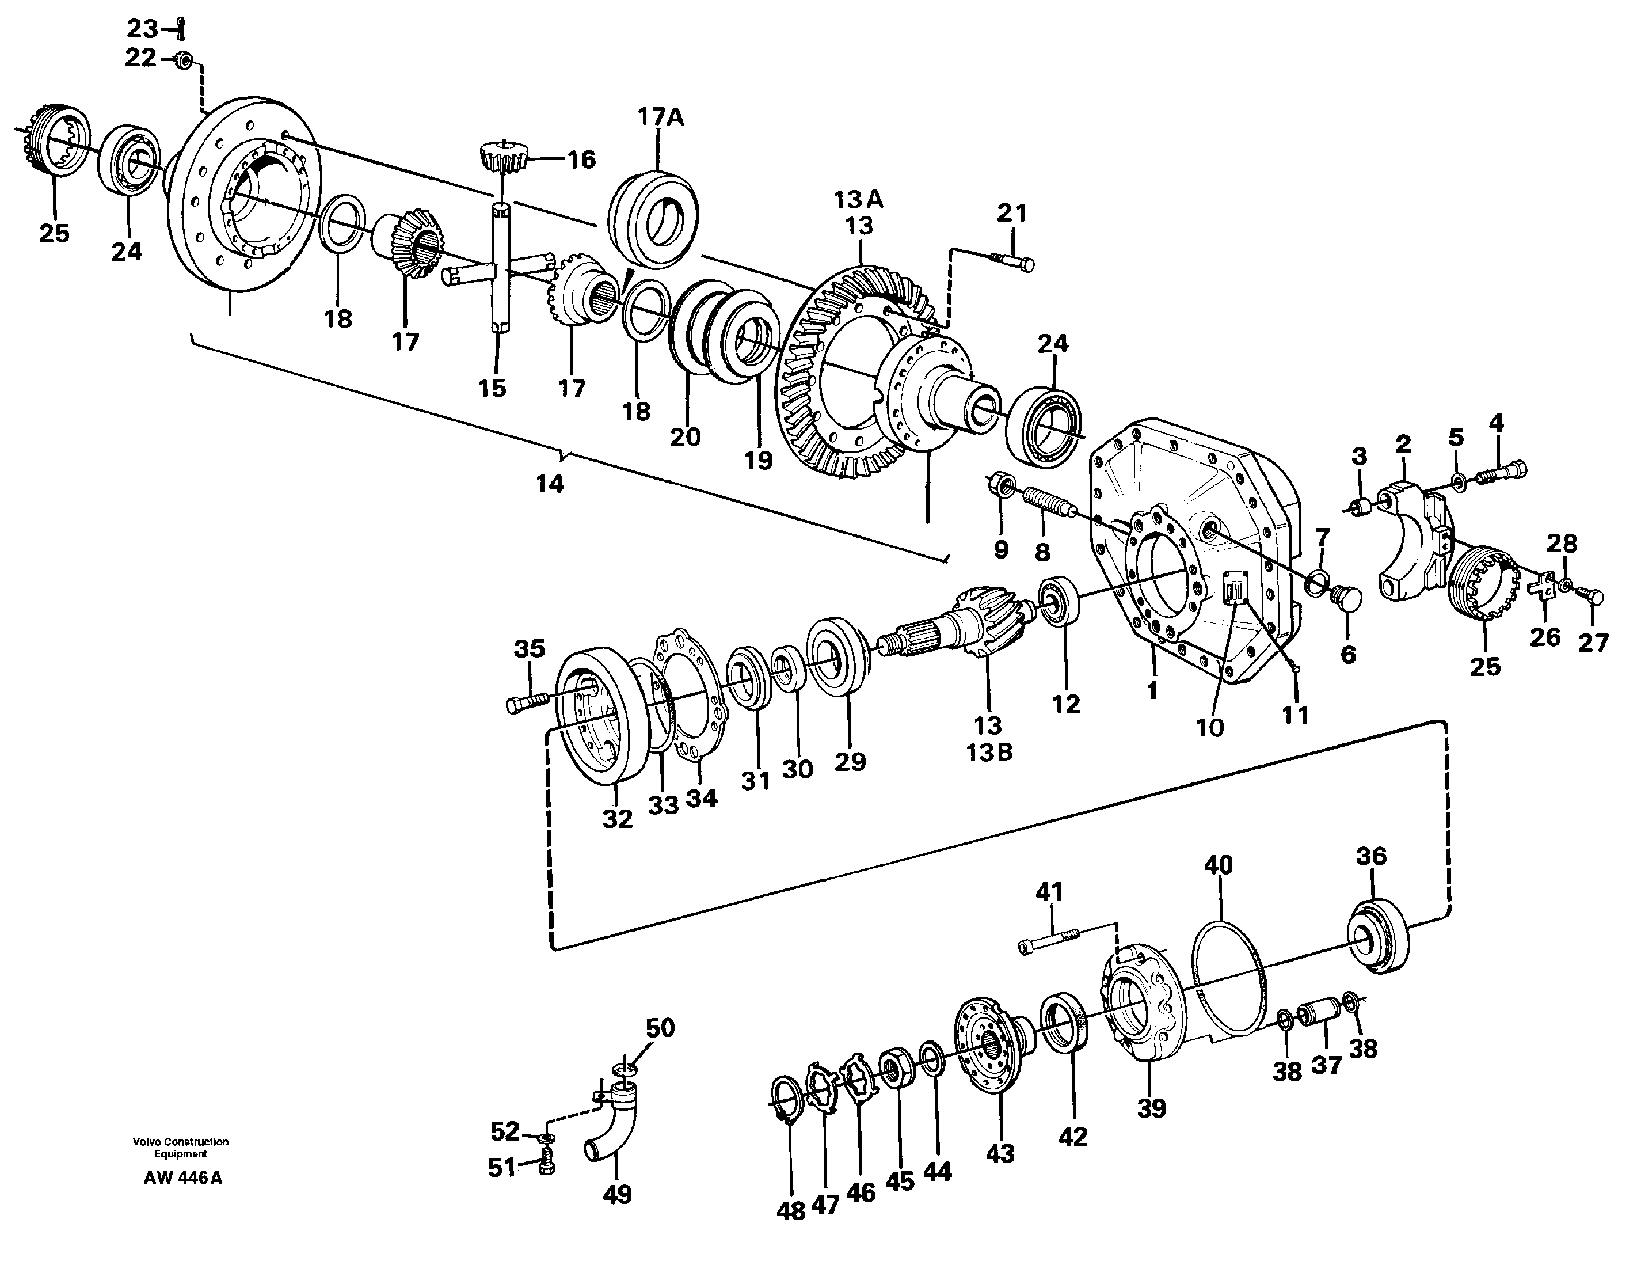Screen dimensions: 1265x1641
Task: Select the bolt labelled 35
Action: [x=529, y=703]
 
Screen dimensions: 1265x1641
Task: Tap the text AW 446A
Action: [x=182, y=1178]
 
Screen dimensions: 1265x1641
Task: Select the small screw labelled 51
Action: [x=547, y=1166]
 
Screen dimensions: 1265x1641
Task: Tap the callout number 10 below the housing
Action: [x=1210, y=728]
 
